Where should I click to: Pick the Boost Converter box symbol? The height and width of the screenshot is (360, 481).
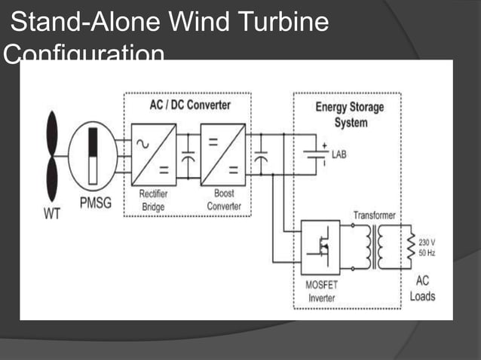click(223, 154)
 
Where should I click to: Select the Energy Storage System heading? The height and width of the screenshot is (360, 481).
click(349, 114)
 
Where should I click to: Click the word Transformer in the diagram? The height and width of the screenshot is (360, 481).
click(374, 215)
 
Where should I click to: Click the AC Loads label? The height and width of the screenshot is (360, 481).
click(423, 288)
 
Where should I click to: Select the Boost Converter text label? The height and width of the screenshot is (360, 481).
click(223, 200)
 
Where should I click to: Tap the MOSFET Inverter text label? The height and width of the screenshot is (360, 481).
click(320, 292)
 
